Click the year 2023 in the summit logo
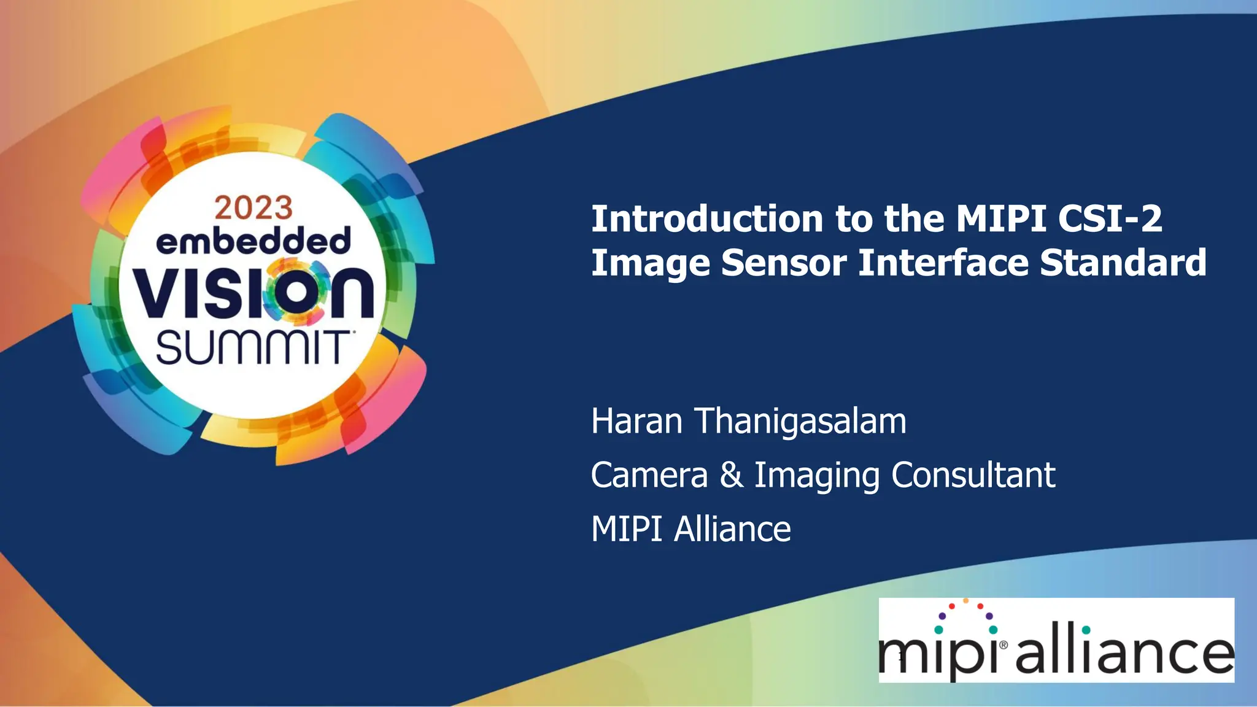(253, 208)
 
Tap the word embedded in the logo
(253, 241)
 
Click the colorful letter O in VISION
(295, 292)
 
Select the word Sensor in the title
(784, 263)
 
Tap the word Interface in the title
(942, 263)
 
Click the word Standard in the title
(1123, 263)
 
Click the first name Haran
(636, 422)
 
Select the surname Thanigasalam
(800, 423)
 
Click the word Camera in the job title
(649, 476)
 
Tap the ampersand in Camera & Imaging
(731, 476)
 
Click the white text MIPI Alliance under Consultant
(690, 529)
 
